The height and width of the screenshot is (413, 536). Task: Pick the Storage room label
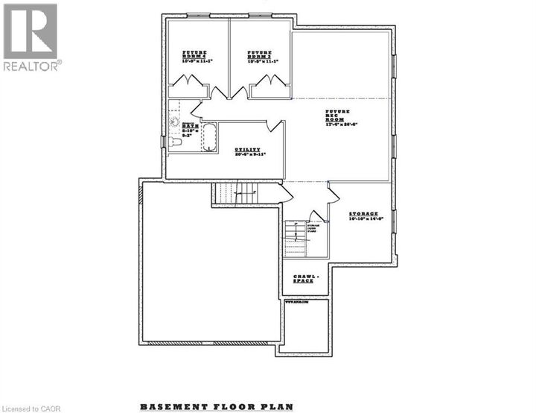click(x=365, y=214)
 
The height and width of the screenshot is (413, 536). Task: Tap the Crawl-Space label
click(x=304, y=279)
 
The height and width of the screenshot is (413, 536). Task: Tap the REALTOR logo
click(x=31, y=37)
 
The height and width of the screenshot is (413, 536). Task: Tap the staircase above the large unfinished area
click(x=235, y=193)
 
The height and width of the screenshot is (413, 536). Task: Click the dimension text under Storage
click(x=365, y=219)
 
